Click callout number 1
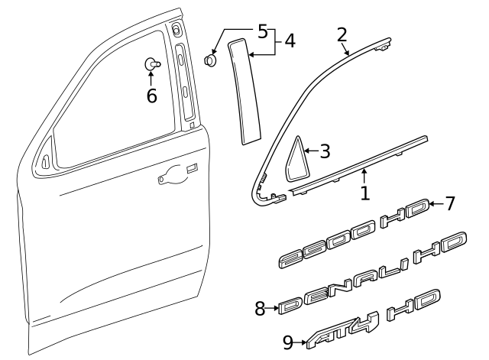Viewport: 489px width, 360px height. pos(365,193)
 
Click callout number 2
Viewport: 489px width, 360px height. pos(342,34)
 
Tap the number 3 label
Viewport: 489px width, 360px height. pos(324,151)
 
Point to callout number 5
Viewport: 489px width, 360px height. pos(262,32)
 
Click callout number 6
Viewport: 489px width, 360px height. pos(151,96)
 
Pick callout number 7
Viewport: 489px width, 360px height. pos(450,203)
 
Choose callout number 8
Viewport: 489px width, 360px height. pos(260,308)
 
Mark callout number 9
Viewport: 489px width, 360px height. pos(287,342)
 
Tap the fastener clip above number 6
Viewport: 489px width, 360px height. pos(152,65)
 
